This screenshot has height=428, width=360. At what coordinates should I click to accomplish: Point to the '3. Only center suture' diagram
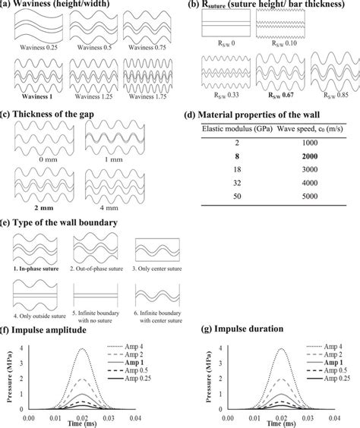pos(156,250)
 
